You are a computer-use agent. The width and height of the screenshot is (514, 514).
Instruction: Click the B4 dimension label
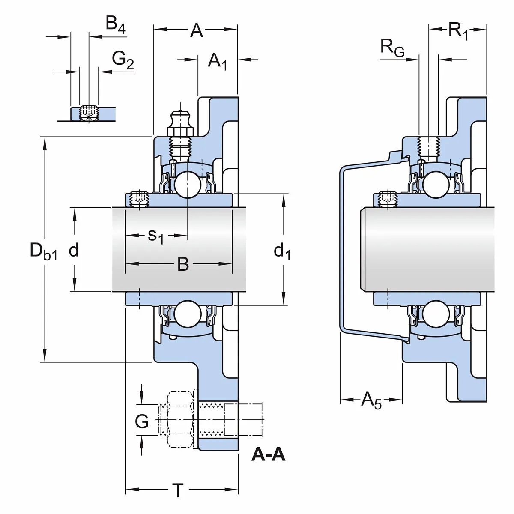(x=115, y=24)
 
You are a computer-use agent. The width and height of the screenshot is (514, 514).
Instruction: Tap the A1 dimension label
(x=217, y=61)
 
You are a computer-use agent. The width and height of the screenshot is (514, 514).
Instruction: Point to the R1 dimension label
(x=458, y=31)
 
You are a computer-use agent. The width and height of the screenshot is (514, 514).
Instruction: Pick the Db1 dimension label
(x=43, y=251)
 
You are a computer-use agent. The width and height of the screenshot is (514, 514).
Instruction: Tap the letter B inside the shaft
(x=183, y=264)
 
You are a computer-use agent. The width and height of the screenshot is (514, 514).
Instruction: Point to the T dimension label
(x=177, y=490)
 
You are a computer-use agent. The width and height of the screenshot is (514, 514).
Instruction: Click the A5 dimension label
(x=371, y=400)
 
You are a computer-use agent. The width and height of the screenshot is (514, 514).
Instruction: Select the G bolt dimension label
(x=142, y=421)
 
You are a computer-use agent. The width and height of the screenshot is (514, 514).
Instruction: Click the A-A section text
(x=268, y=454)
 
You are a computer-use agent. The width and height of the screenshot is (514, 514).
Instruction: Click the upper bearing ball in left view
(x=188, y=184)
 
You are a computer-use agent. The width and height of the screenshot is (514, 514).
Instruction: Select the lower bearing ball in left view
(x=188, y=314)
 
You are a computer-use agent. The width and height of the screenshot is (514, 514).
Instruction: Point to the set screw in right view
(x=387, y=198)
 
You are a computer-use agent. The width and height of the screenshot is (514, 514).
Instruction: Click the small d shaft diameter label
(x=74, y=250)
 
